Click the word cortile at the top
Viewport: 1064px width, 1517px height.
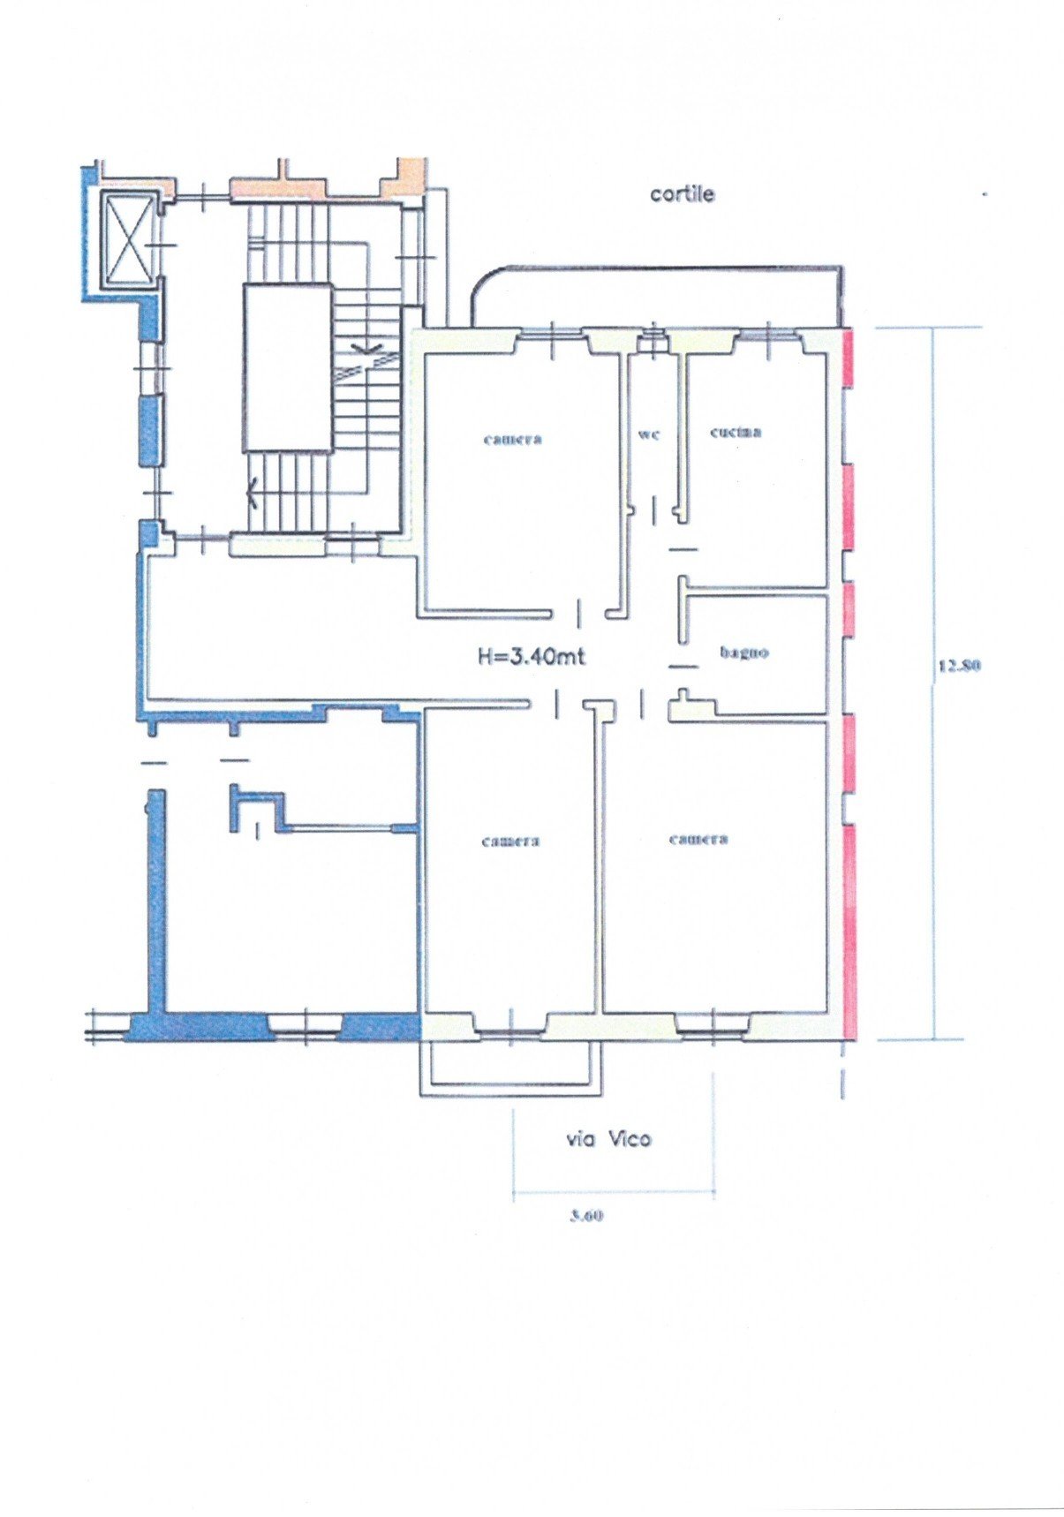tap(682, 193)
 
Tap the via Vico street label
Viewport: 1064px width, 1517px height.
tap(608, 1139)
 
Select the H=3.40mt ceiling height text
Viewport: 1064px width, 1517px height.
tap(532, 656)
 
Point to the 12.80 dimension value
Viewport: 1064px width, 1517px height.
tap(959, 667)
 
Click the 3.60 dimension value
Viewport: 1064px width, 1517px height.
tap(585, 1215)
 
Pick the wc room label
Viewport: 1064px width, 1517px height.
tap(649, 434)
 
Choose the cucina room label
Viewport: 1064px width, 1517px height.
tap(736, 432)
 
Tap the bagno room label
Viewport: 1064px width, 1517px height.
tap(744, 653)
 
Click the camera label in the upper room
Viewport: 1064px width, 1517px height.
tap(512, 438)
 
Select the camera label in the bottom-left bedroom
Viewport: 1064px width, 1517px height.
tap(510, 841)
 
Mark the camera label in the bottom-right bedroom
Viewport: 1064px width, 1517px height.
tap(698, 839)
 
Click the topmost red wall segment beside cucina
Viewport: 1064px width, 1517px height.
tap(849, 357)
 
